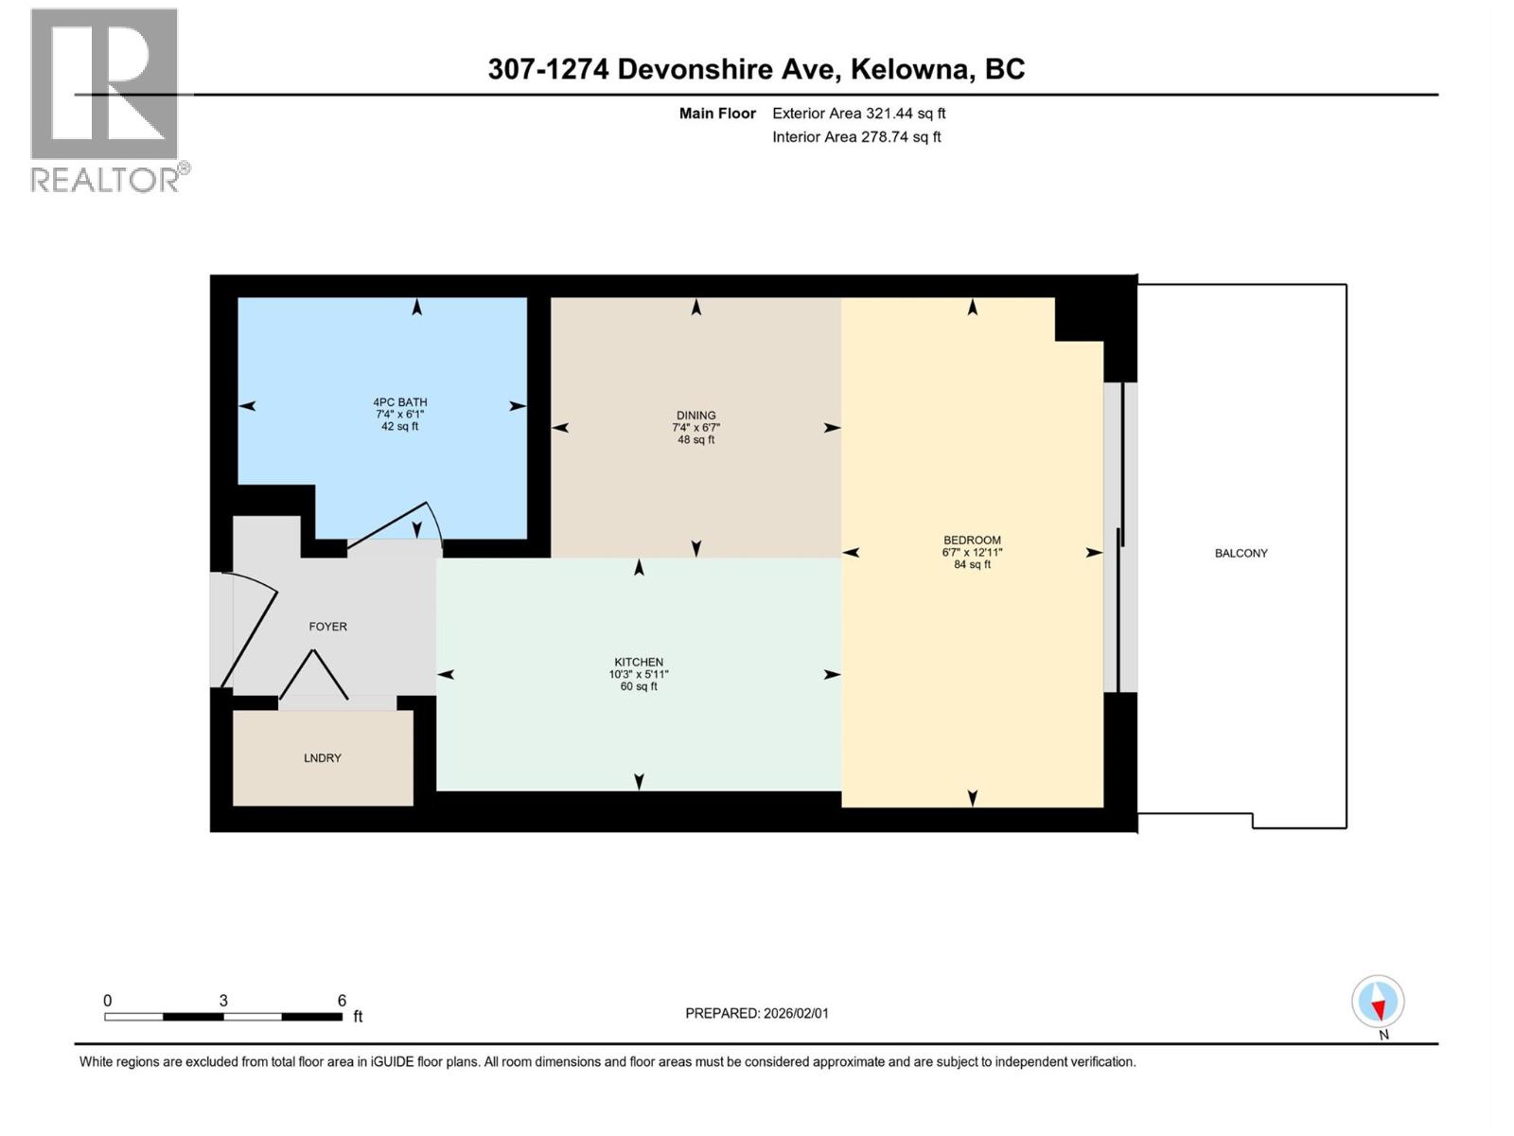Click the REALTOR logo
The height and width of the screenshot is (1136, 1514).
click(105, 99)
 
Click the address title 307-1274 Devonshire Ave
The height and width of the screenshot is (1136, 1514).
click(756, 69)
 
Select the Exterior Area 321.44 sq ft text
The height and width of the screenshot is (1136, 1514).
click(858, 114)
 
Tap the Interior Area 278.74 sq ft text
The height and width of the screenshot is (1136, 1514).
click(856, 137)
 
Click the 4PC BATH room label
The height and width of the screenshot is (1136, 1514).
click(399, 403)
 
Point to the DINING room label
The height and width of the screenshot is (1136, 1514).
click(695, 416)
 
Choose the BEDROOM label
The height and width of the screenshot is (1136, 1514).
click(972, 541)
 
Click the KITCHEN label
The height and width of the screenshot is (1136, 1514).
click(639, 663)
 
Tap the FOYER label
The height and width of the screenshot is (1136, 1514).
click(327, 627)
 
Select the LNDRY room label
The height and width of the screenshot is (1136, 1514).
click(323, 758)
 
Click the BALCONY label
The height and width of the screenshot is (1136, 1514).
click(1241, 554)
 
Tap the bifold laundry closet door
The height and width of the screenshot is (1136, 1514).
click(313, 675)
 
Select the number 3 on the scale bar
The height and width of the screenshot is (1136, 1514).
click(223, 1001)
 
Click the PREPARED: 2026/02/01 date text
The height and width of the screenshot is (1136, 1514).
click(756, 1013)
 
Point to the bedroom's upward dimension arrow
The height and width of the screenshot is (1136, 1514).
click(972, 308)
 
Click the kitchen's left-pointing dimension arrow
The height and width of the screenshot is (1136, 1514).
click(446, 675)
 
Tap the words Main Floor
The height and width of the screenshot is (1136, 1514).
click(717, 114)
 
